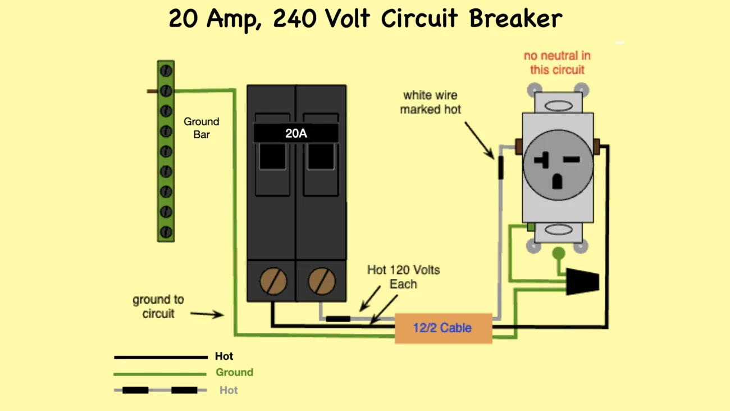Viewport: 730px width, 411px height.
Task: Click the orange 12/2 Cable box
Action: (x=443, y=328)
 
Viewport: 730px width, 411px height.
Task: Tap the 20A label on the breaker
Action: (x=296, y=133)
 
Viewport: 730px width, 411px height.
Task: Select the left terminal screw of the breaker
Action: (x=273, y=281)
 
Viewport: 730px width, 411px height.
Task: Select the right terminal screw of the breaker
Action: (x=322, y=281)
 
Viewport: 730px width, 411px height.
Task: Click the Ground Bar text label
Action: (x=201, y=128)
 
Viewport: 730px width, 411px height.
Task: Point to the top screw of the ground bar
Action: (x=166, y=71)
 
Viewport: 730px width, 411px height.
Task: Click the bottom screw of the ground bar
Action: (x=166, y=232)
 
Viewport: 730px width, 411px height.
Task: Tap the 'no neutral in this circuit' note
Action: (x=557, y=63)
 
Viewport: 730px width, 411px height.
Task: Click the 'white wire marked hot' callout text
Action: (x=430, y=102)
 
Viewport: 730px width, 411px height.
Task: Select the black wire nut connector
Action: (x=582, y=282)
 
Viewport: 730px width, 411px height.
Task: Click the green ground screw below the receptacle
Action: (x=558, y=254)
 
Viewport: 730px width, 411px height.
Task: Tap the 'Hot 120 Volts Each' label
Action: (x=403, y=277)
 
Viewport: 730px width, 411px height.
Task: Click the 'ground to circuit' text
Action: (x=158, y=306)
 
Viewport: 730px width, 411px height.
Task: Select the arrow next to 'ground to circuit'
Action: (x=207, y=314)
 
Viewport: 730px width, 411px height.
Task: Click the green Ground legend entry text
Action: (x=234, y=372)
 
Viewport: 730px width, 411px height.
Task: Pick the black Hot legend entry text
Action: (x=224, y=356)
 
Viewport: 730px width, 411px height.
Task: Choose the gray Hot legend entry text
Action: (x=229, y=390)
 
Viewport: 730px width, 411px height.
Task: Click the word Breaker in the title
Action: (x=515, y=18)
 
